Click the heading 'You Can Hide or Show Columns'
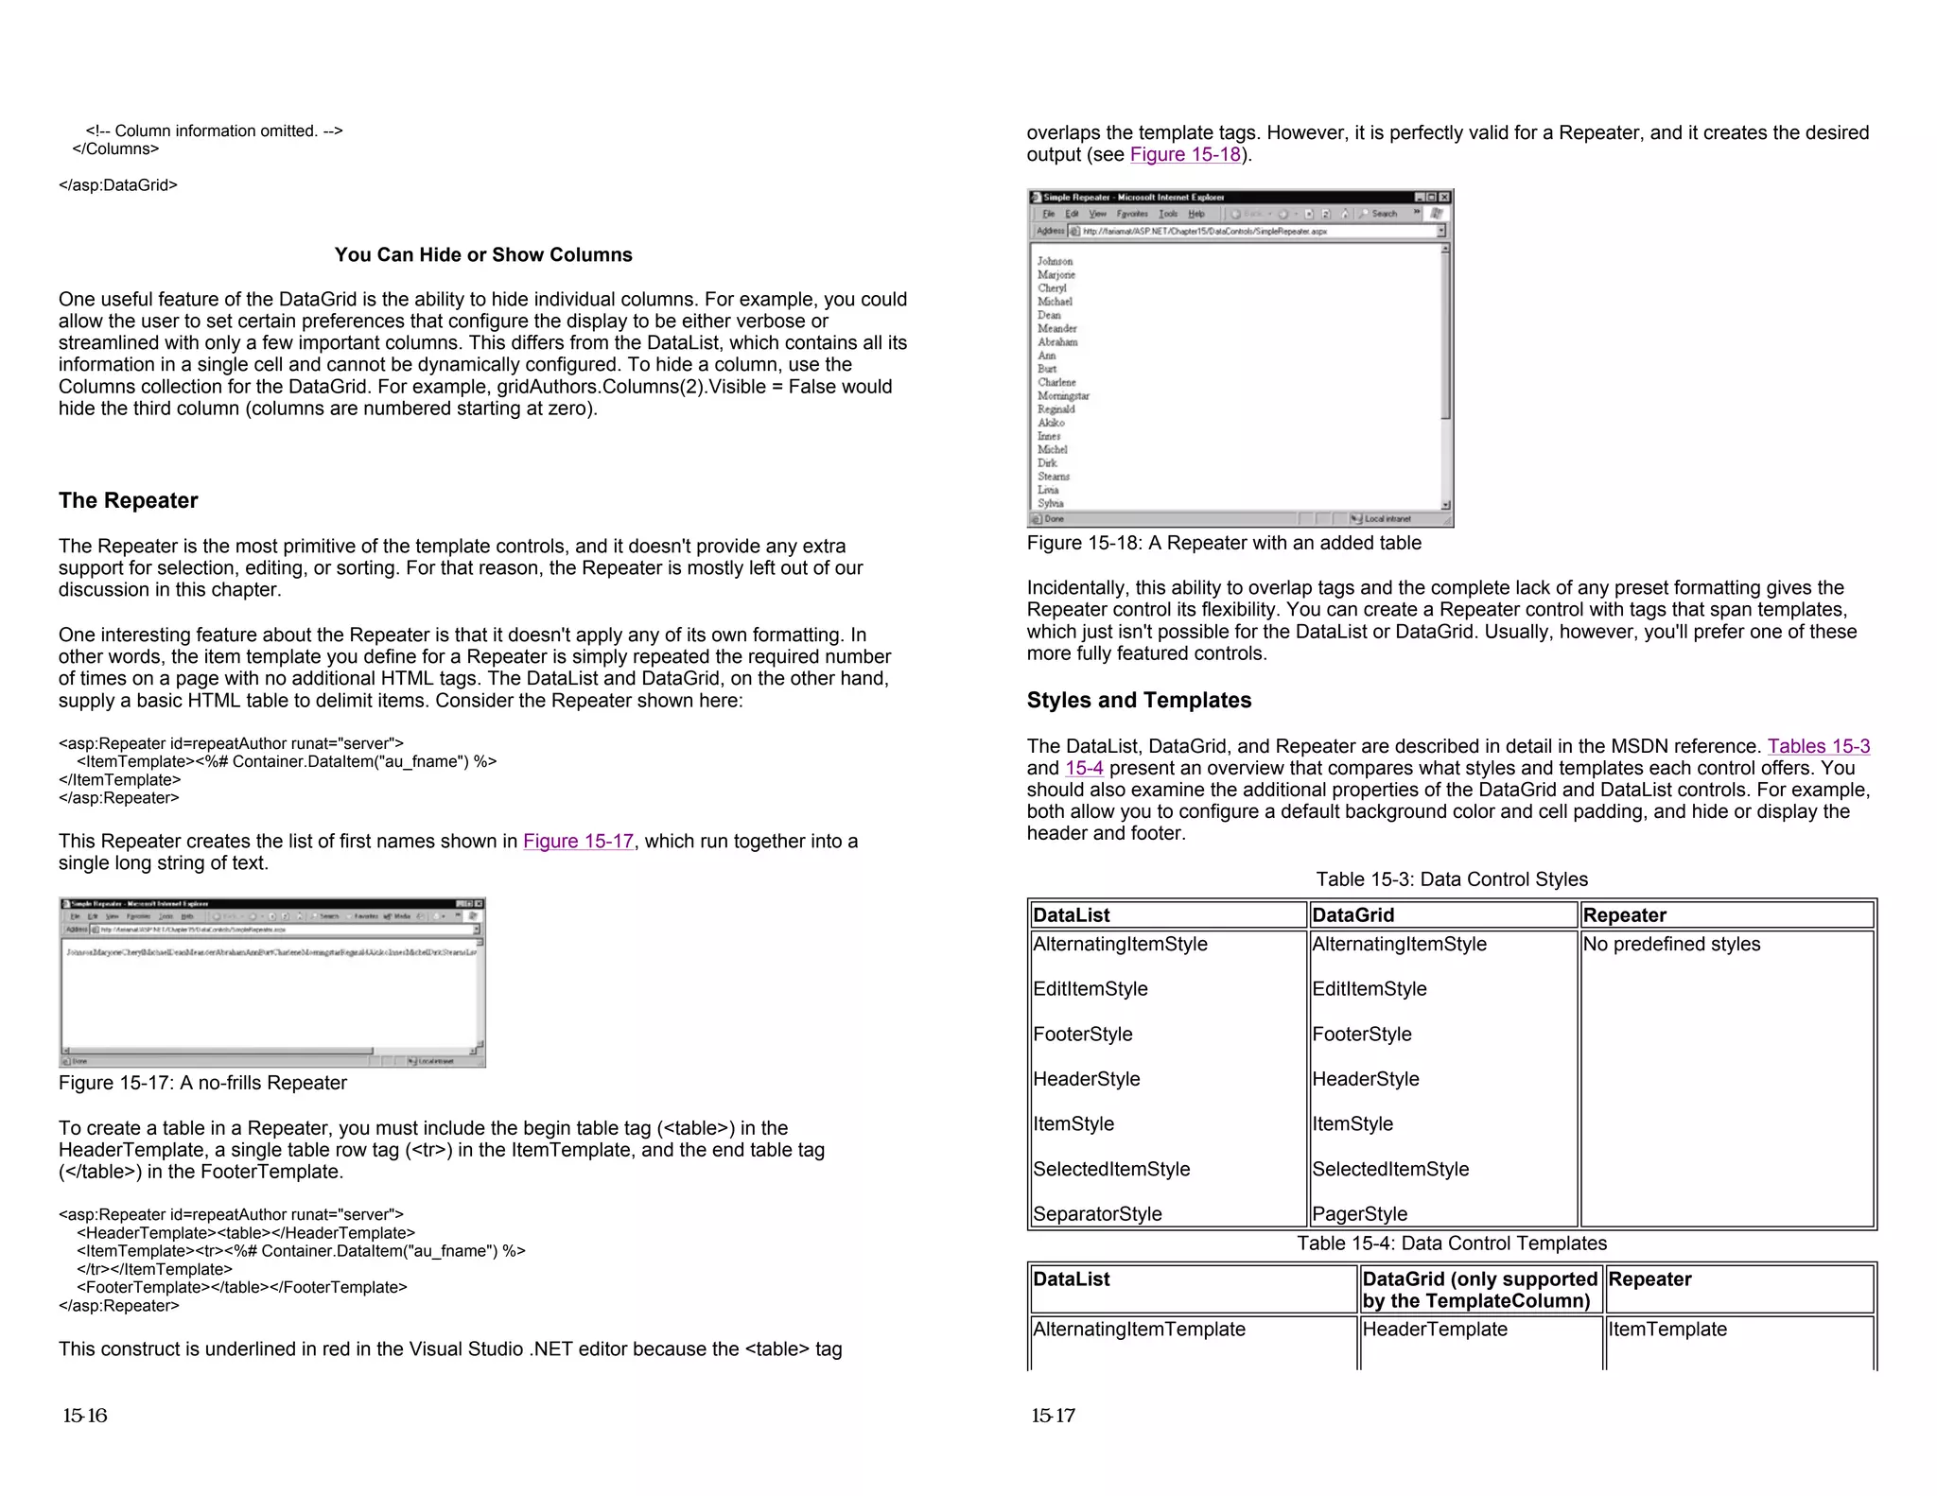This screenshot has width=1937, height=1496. pyautogui.click(x=482, y=254)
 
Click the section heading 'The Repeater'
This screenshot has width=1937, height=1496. pyautogui.click(x=128, y=500)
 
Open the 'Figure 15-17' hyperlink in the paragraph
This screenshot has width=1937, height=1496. pyautogui.click(x=578, y=841)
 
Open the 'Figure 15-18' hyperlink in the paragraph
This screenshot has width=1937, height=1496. pyautogui.click(x=1185, y=154)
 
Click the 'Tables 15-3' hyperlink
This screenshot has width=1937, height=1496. pyautogui.click(x=1818, y=746)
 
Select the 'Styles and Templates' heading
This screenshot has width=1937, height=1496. pyautogui.click(x=1139, y=700)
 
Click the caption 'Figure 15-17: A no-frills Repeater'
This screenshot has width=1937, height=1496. pyautogui.click(x=202, y=1083)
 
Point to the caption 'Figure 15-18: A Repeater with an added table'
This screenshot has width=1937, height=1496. pyautogui.click(x=1224, y=543)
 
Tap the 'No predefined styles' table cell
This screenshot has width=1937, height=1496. pyautogui.click(x=1671, y=944)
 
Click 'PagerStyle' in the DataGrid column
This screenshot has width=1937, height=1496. pyautogui.click(x=1359, y=1213)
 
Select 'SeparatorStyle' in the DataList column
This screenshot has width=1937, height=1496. pyautogui.click(x=1097, y=1213)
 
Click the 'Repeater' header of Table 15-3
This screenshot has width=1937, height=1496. pyautogui.click(x=1624, y=914)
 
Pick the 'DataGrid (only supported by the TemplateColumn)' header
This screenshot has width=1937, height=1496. pyautogui.click(x=1479, y=1290)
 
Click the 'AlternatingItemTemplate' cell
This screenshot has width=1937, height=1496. pyautogui.click(x=1139, y=1329)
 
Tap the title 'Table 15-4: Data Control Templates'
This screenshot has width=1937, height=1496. pyautogui.click(x=1451, y=1243)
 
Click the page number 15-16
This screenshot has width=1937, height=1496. pyautogui.click(x=85, y=1416)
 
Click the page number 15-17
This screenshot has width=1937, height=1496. pyautogui.click(x=1053, y=1416)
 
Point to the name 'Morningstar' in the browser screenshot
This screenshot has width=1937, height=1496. pyautogui.click(x=1063, y=396)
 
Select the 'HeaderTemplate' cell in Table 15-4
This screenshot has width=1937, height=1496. pyautogui.click(x=1434, y=1329)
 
